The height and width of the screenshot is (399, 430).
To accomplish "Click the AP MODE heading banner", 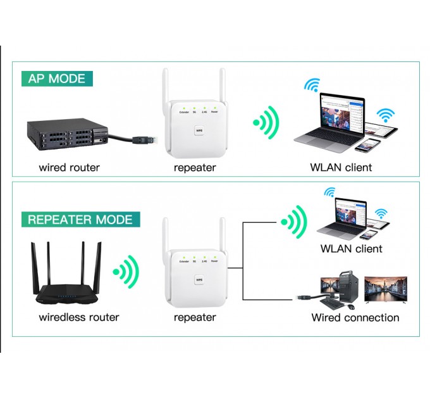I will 57,79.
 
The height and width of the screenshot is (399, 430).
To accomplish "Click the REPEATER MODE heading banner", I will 80,220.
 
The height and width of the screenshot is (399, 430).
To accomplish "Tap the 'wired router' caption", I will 69,168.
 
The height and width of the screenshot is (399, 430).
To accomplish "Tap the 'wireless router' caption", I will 79,317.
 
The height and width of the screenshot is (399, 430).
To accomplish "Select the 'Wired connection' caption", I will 355,317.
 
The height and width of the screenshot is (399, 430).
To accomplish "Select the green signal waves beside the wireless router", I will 126,272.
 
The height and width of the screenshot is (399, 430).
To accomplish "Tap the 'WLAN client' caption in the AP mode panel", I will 341,168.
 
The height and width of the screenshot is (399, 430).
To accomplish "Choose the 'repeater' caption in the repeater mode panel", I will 195,317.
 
